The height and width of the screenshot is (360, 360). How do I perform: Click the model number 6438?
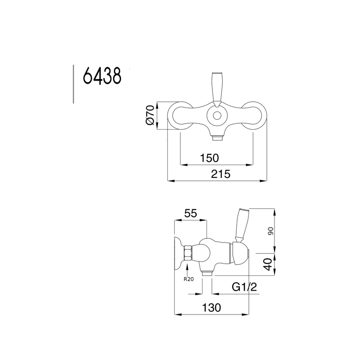click(x=102, y=77)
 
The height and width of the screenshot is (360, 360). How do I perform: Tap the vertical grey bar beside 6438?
click(x=73, y=84)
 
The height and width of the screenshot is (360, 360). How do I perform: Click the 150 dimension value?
click(x=209, y=158)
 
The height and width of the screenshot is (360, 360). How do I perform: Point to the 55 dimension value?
click(x=190, y=214)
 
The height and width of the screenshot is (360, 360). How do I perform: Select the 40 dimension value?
click(x=268, y=264)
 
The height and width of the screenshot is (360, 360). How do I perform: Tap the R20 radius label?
click(x=189, y=279)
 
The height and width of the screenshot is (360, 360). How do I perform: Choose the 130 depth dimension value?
click(x=211, y=307)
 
